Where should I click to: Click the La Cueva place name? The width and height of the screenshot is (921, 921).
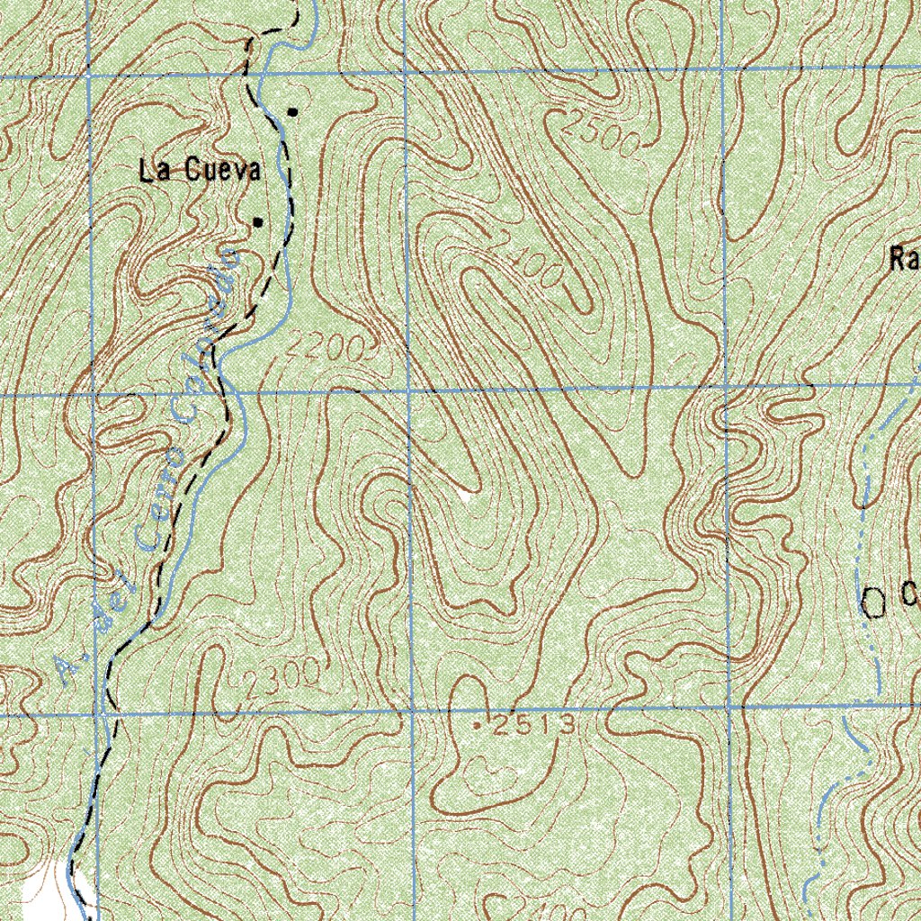[200, 171]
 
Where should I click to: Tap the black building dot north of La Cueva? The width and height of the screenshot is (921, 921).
[292, 112]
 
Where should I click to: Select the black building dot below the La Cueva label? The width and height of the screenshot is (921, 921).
[257, 221]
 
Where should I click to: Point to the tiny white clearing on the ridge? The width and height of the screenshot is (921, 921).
[466, 494]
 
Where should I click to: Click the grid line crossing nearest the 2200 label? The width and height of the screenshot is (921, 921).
[407, 392]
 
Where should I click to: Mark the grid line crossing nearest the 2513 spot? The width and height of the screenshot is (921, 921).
[412, 712]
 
